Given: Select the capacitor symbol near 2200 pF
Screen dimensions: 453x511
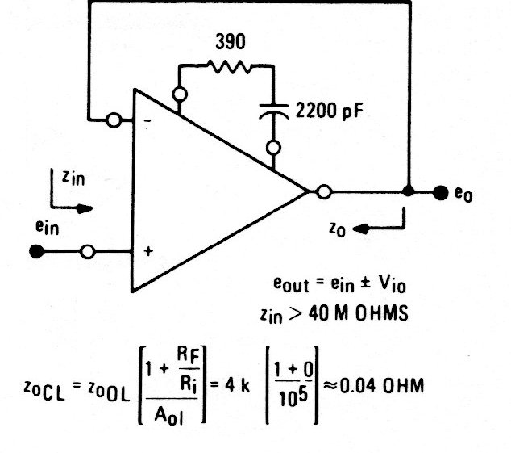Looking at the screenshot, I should click(x=275, y=113).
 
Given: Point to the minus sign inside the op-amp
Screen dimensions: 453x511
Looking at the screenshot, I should click(x=147, y=121).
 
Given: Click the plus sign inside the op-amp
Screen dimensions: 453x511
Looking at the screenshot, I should click(x=147, y=252).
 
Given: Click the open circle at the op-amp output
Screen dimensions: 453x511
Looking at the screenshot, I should click(x=324, y=192).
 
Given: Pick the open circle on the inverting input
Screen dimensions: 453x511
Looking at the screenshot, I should click(x=114, y=121).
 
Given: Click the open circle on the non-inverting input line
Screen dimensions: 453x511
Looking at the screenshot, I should click(x=88, y=252).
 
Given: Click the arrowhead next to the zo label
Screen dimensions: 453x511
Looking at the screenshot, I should click(x=360, y=229).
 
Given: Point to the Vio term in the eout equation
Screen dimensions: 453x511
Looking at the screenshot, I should click(x=384, y=287).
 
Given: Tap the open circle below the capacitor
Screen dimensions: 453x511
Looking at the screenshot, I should click(x=275, y=148).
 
